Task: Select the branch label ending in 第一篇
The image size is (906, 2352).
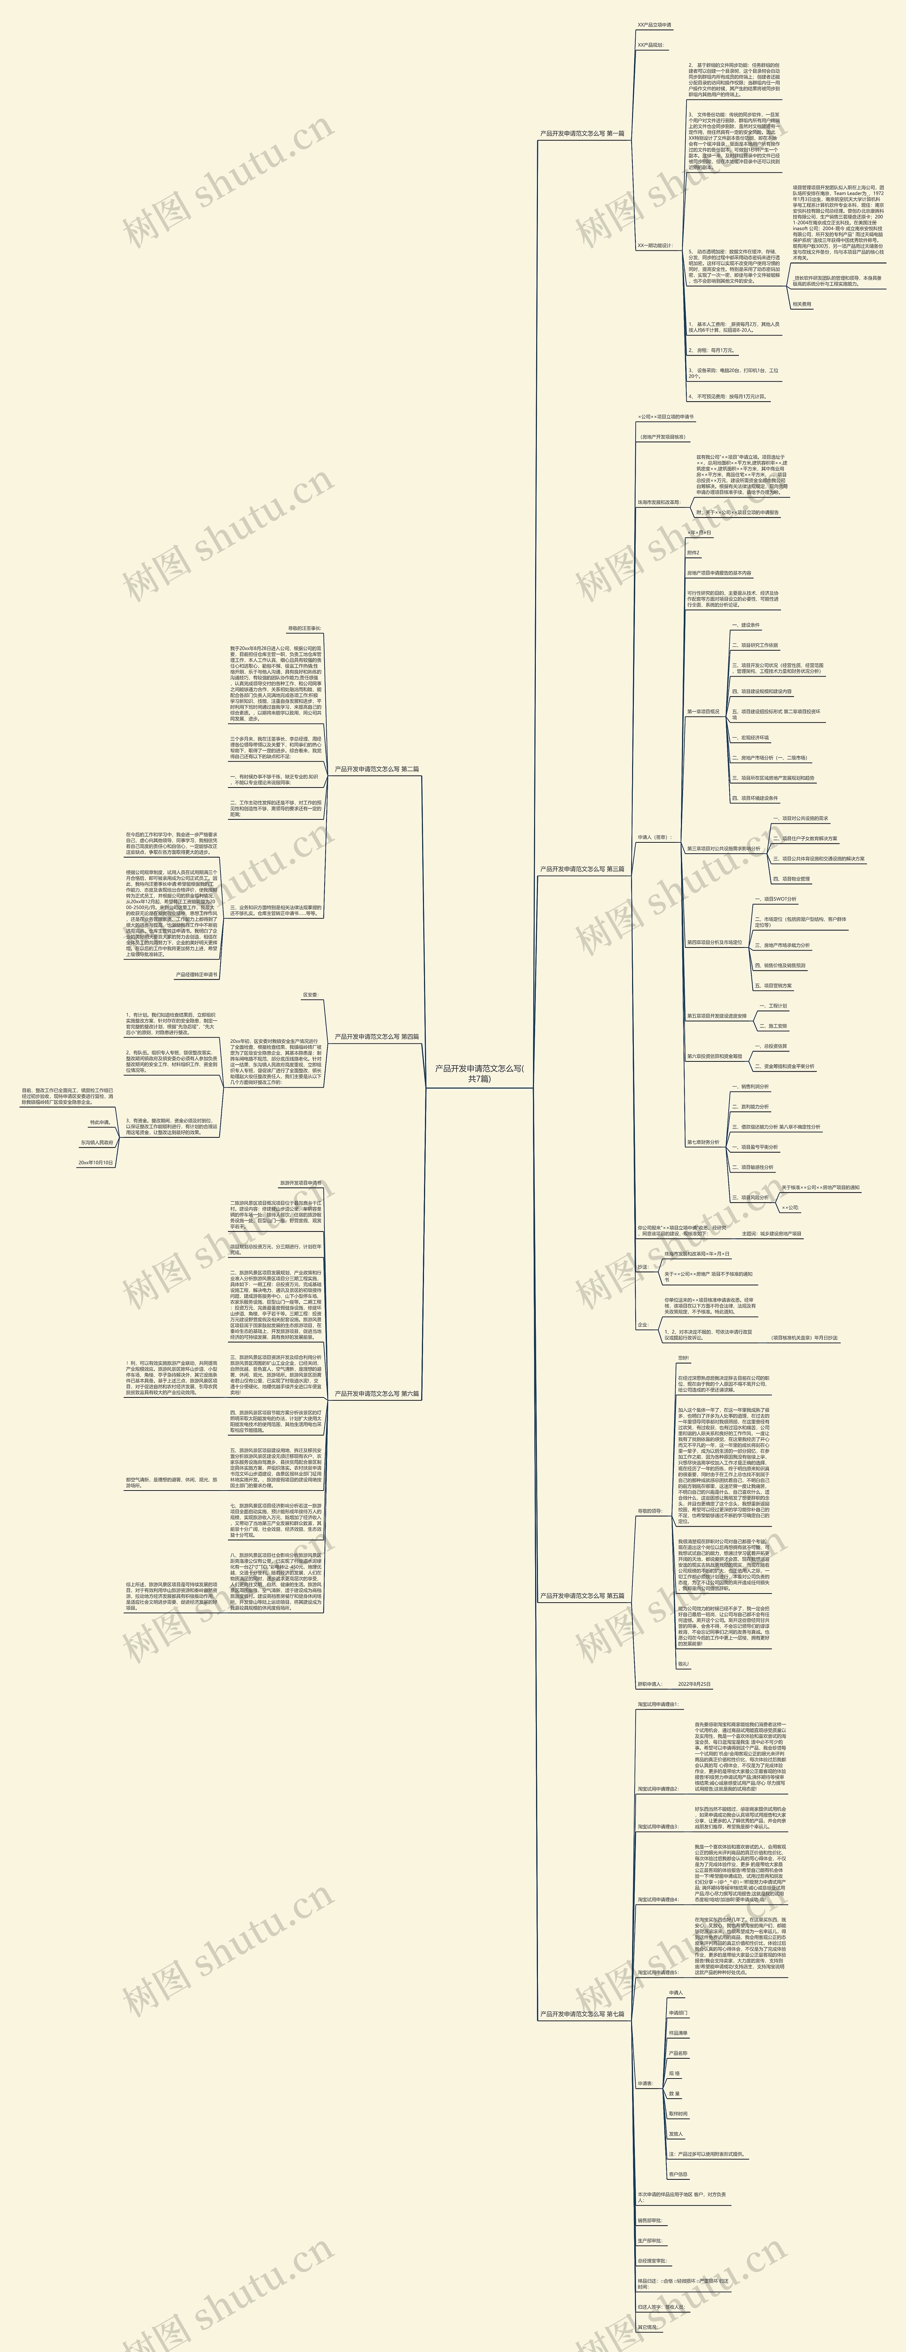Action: coord(582,133)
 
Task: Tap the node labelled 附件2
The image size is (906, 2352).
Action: coord(693,552)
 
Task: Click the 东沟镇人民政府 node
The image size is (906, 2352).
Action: coord(97,1142)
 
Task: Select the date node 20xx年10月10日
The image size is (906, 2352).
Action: coord(96,1162)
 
